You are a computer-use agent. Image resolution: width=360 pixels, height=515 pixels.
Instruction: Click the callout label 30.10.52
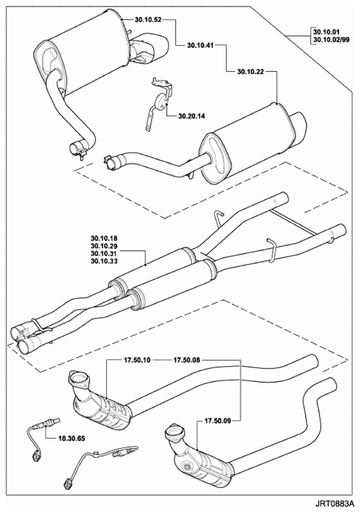point(148,20)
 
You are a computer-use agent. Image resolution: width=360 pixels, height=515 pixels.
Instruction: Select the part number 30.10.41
point(201,45)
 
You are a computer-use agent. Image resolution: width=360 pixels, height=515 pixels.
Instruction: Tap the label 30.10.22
point(251,71)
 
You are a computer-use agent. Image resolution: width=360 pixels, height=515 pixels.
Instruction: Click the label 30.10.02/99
point(331,40)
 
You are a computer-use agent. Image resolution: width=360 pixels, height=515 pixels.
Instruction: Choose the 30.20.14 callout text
point(192,116)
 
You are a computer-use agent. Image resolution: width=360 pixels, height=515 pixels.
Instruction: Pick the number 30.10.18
point(104,239)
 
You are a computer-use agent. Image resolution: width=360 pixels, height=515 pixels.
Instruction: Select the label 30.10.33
point(104,261)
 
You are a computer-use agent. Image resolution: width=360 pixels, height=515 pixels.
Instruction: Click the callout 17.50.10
point(137,360)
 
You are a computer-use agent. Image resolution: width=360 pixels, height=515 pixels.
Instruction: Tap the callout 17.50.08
point(187,360)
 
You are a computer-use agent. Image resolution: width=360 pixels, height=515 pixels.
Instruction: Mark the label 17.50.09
point(218,420)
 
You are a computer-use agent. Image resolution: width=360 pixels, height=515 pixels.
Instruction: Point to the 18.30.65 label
point(71,438)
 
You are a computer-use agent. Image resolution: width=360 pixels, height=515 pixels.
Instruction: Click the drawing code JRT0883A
point(336,503)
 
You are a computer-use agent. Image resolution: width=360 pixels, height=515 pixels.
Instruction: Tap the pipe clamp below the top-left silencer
point(79,149)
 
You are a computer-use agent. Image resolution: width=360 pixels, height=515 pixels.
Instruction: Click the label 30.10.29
point(104,246)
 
